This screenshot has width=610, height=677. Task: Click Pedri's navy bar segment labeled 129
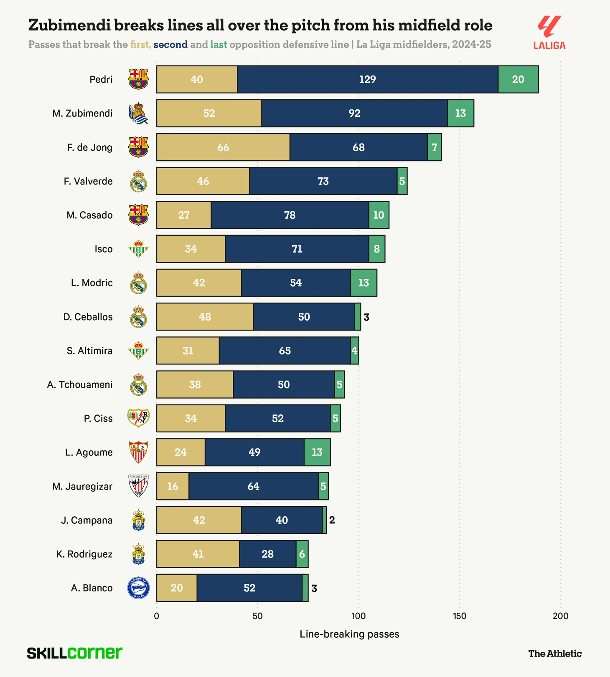[x=368, y=79]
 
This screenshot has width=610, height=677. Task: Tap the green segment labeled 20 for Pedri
[x=518, y=79]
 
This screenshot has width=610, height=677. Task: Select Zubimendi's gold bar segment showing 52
[x=209, y=113]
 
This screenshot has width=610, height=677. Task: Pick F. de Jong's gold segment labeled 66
[x=223, y=147]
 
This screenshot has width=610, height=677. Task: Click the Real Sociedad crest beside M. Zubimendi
[x=138, y=114]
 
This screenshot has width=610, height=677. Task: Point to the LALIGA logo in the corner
[x=549, y=33]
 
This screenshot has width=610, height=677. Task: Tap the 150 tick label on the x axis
[x=460, y=616]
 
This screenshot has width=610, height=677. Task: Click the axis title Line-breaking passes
[x=349, y=634]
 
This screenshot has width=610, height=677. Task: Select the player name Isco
[x=104, y=249]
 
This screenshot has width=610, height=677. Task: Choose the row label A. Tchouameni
[x=80, y=384]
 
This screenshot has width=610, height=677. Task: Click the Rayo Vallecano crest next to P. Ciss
[x=138, y=418]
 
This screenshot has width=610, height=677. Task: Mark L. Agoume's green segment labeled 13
[x=317, y=452]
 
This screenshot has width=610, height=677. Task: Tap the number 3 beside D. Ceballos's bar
[x=366, y=317]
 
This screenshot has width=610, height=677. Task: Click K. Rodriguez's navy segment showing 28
[x=267, y=554]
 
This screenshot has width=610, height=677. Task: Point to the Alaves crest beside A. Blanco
[x=138, y=588]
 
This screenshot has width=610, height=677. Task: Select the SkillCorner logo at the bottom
[x=75, y=653]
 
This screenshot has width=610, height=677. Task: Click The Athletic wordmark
[x=555, y=654]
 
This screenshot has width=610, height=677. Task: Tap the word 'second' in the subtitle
[x=170, y=45]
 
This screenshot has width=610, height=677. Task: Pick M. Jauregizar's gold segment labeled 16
[x=173, y=486]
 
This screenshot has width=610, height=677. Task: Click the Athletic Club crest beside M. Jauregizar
[x=138, y=486]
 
